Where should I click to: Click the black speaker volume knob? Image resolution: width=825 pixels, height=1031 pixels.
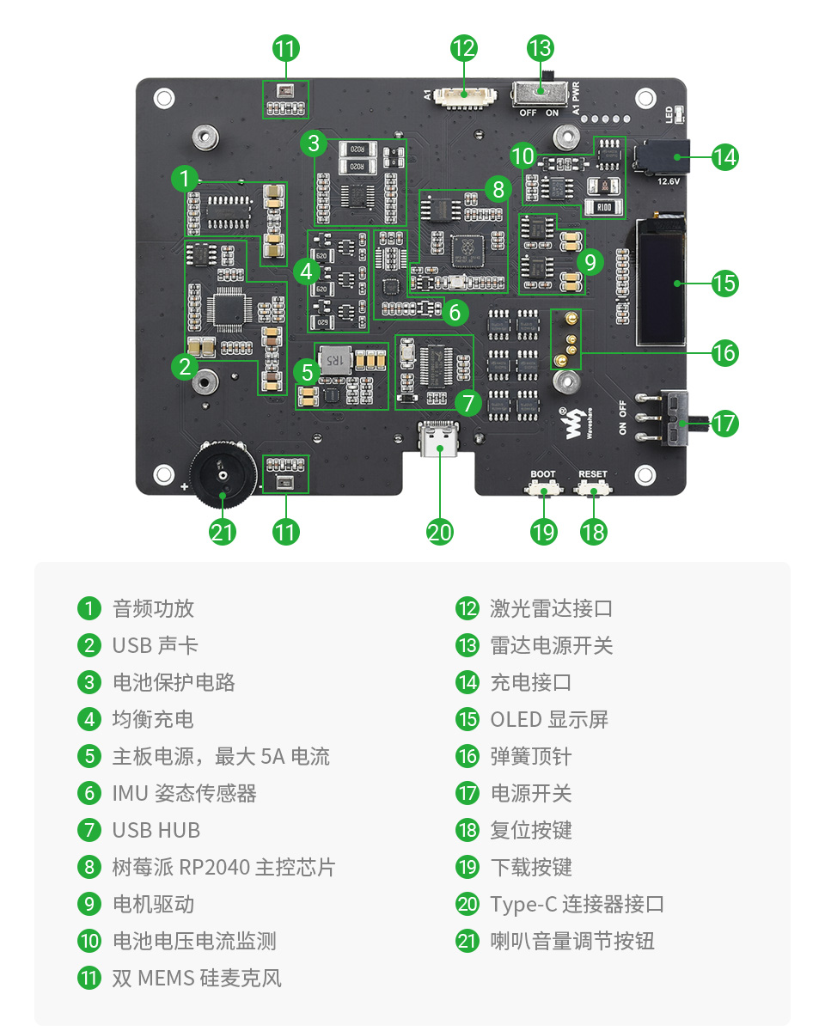pyautogui.click(x=221, y=473)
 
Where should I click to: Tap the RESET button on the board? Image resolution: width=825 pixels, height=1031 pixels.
pyautogui.click(x=592, y=489)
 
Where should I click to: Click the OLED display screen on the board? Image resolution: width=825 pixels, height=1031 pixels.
pyautogui.click(x=660, y=281)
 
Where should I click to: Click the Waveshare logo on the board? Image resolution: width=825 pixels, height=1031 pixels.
pyautogui.click(x=573, y=423)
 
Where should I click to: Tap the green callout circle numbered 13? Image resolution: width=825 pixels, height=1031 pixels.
pyautogui.click(x=541, y=48)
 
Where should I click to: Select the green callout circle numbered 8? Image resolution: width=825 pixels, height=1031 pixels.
pyautogui.click(x=497, y=188)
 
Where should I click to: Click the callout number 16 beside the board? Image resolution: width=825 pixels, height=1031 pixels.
pyautogui.click(x=724, y=352)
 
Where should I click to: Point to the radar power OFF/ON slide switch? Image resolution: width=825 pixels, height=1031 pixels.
pyautogui.click(x=540, y=93)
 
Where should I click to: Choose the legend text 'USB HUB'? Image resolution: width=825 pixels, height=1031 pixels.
pyautogui.click(x=156, y=830)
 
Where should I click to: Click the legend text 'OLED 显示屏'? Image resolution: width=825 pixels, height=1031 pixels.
pyautogui.click(x=549, y=719)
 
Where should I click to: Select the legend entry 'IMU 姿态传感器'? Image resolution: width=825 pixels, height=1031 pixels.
pyautogui.click(x=184, y=793)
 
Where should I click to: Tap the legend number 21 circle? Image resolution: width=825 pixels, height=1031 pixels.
pyautogui.click(x=467, y=941)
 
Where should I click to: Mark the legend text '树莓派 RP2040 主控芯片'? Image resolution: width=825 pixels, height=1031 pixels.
pyautogui.click(x=223, y=867)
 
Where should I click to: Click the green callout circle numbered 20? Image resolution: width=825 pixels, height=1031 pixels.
pyautogui.click(x=439, y=532)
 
